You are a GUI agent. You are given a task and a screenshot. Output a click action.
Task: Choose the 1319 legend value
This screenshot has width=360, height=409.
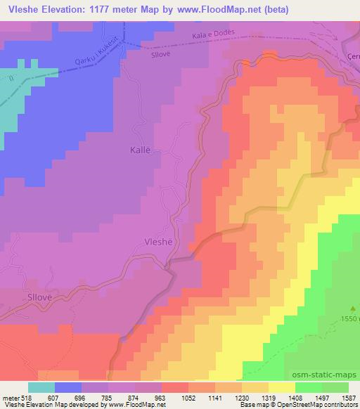[258, 396]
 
